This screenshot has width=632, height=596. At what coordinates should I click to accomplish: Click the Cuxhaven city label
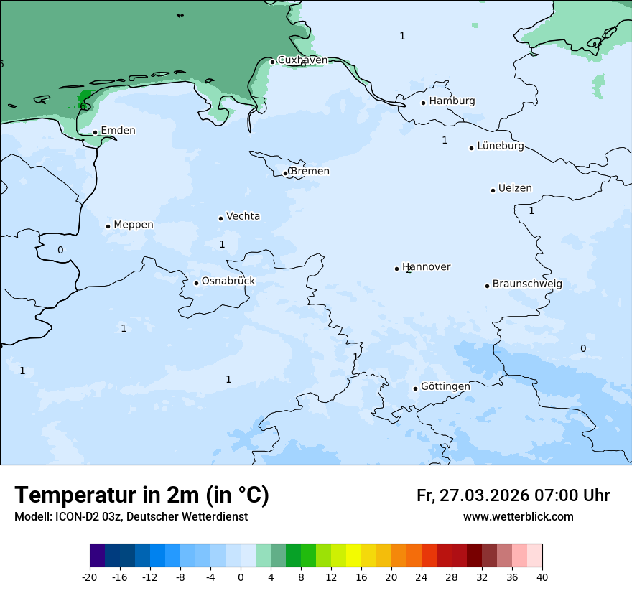click(x=302, y=60)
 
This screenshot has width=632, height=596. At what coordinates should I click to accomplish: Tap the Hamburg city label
click(x=452, y=101)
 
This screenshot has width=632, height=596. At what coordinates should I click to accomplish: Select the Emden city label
click(x=118, y=131)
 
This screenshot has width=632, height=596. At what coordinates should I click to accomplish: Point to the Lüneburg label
click(x=500, y=146)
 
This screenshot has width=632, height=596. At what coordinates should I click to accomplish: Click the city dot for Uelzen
click(x=493, y=190)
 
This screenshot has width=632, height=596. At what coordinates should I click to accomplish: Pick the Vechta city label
click(x=243, y=216)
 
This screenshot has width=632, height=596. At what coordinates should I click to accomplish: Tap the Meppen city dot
click(x=108, y=226)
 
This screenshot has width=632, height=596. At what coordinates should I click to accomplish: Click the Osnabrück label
click(x=228, y=281)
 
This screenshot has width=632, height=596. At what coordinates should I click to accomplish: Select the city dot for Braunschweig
click(x=487, y=286)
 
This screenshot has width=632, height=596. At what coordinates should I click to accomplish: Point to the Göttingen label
click(x=445, y=386)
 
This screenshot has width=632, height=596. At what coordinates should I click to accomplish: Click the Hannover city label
click(x=427, y=267)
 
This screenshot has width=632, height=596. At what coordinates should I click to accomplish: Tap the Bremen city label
click(x=310, y=172)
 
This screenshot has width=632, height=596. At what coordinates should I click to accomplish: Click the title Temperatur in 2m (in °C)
click(x=141, y=495)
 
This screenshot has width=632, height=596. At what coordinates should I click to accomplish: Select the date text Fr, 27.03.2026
click(x=473, y=495)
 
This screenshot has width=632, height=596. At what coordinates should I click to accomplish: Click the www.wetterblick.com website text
click(x=518, y=517)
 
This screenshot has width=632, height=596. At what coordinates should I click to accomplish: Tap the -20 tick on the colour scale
click(x=90, y=577)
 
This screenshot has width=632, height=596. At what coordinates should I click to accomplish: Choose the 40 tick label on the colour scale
click(x=542, y=577)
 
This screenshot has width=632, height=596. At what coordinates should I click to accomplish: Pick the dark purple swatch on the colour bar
click(x=97, y=556)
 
